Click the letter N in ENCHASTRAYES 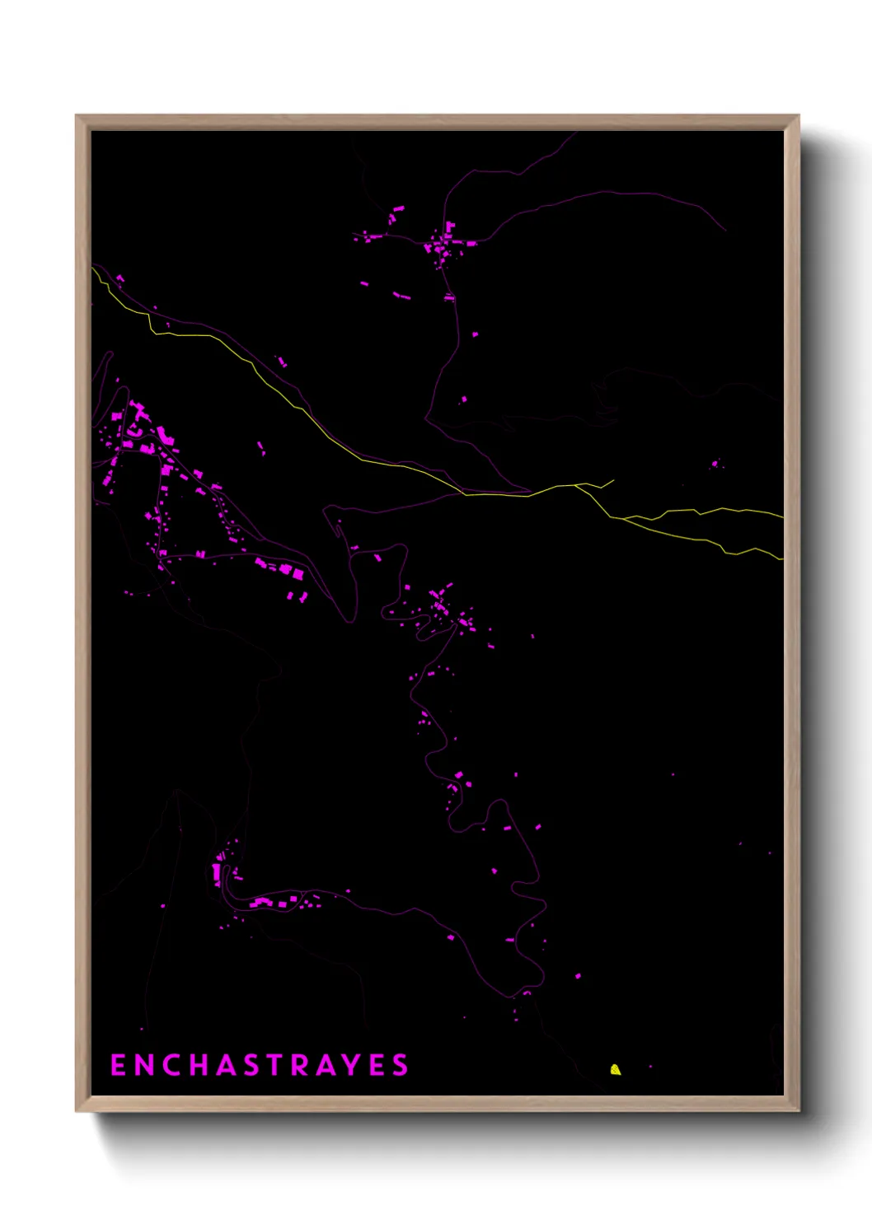pos(143,1065)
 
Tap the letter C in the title pos(171,1065)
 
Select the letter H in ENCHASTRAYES pos(199,1065)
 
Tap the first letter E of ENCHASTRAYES pos(118,1065)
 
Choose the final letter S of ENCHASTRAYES pos(400,1065)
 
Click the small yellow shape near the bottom pos(615,1069)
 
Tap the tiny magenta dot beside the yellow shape pos(650,1067)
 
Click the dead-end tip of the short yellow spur pos(613,480)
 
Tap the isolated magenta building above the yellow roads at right pos(715,465)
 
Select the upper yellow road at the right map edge pos(781,516)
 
